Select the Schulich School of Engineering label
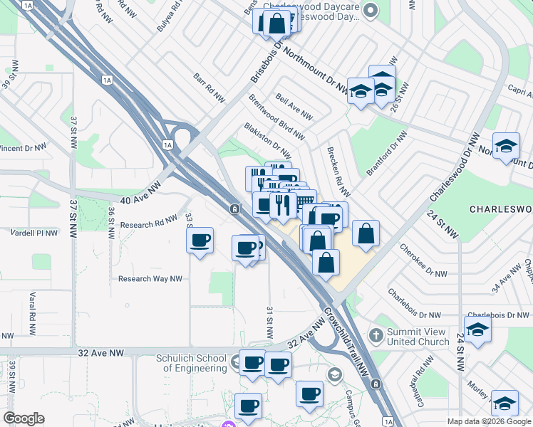pyautogui.click(x=191, y=363)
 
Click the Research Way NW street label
pyautogui.click(x=150, y=279)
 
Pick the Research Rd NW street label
pyautogui.click(x=148, y=224)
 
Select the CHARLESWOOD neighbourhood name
pyautogui.click(x=501, y=209)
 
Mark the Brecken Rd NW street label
pyautogui.click(x=338, y=173)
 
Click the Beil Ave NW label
pyautogui.click(x=294, y=110)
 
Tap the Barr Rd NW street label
pyautogui.click(x=209, y=87)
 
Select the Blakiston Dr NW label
pyautogui.click(x=267, y=140)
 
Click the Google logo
pyautogui.click(x=24, y=418)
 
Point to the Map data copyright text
pyautogui.click(x=488, y=421)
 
